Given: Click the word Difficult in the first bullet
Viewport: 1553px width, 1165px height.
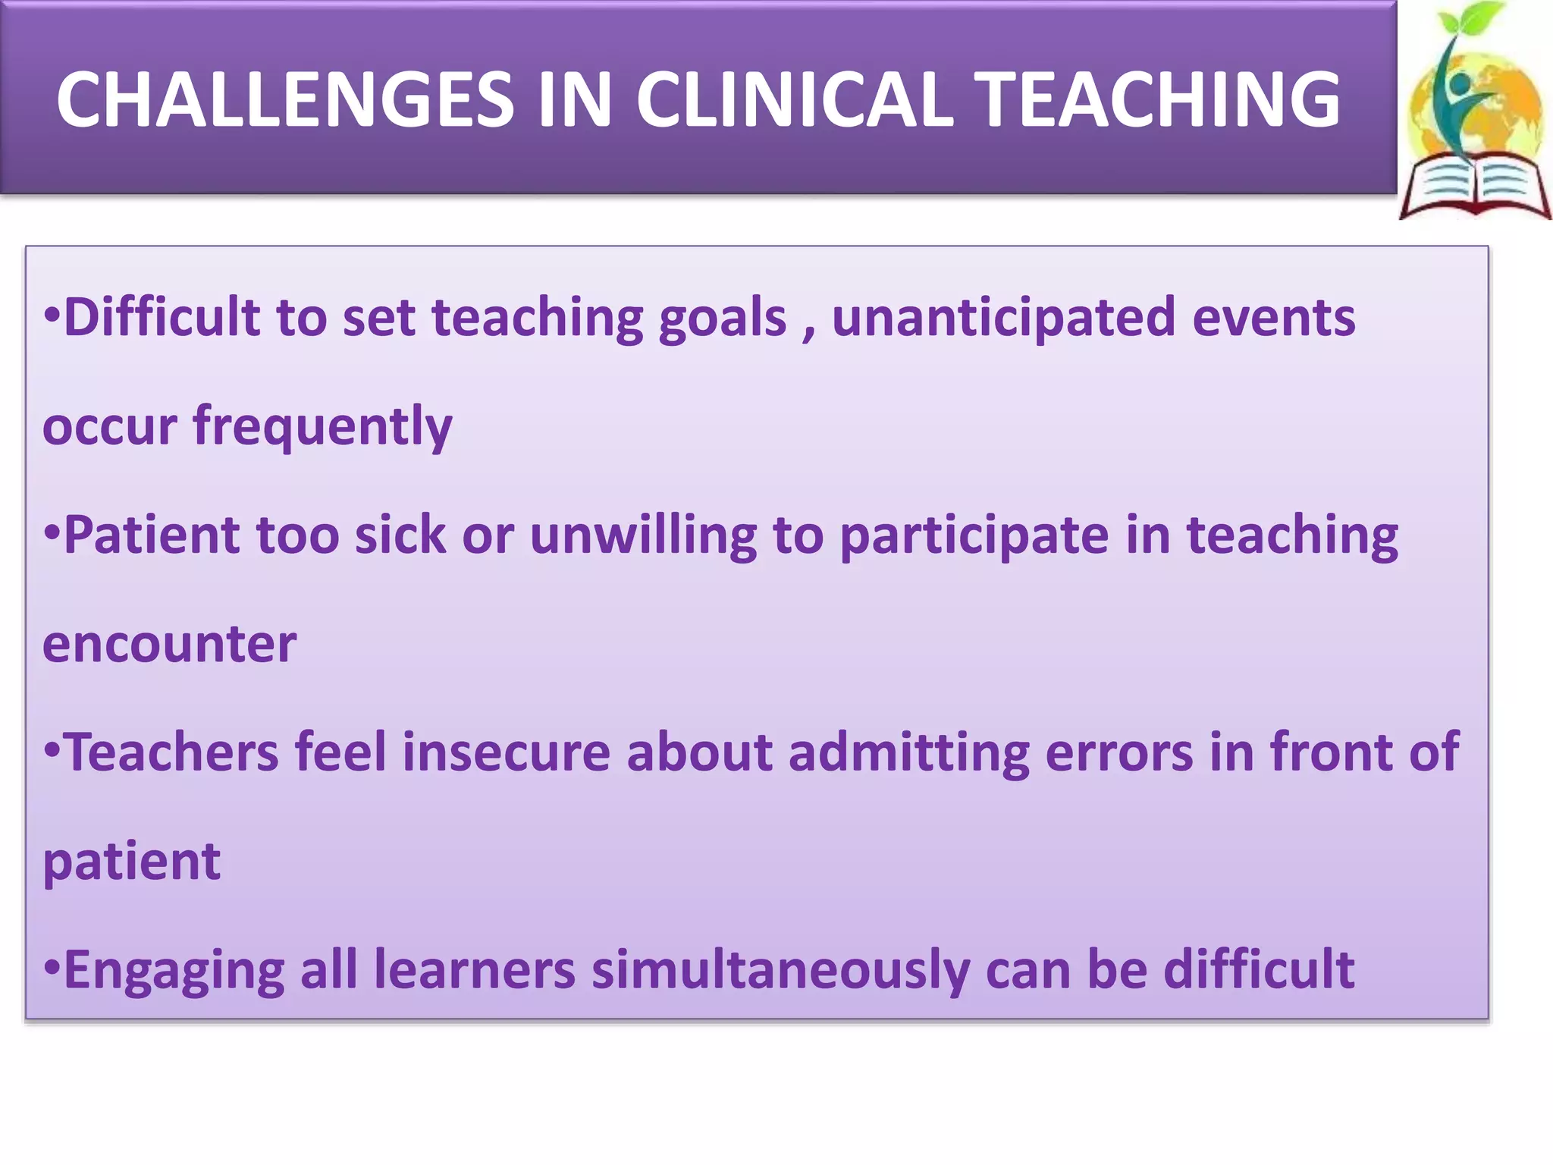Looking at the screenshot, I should click(x=161, y=317).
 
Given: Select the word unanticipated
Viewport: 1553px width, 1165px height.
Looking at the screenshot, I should click(x=1003, y=319).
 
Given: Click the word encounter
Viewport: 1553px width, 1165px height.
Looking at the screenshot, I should click(x=169, y=645).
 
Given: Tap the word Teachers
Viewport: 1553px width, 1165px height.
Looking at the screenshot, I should click(x=172, y=752).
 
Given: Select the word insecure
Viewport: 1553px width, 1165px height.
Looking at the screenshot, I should click(x=506, y=752).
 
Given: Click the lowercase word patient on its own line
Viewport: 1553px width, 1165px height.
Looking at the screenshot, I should click(x=131, y=862).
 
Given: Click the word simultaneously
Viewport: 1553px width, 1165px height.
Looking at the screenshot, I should click(x=780, y=971).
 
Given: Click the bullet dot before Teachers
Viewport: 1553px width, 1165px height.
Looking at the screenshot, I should click(x=52, y=750).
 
